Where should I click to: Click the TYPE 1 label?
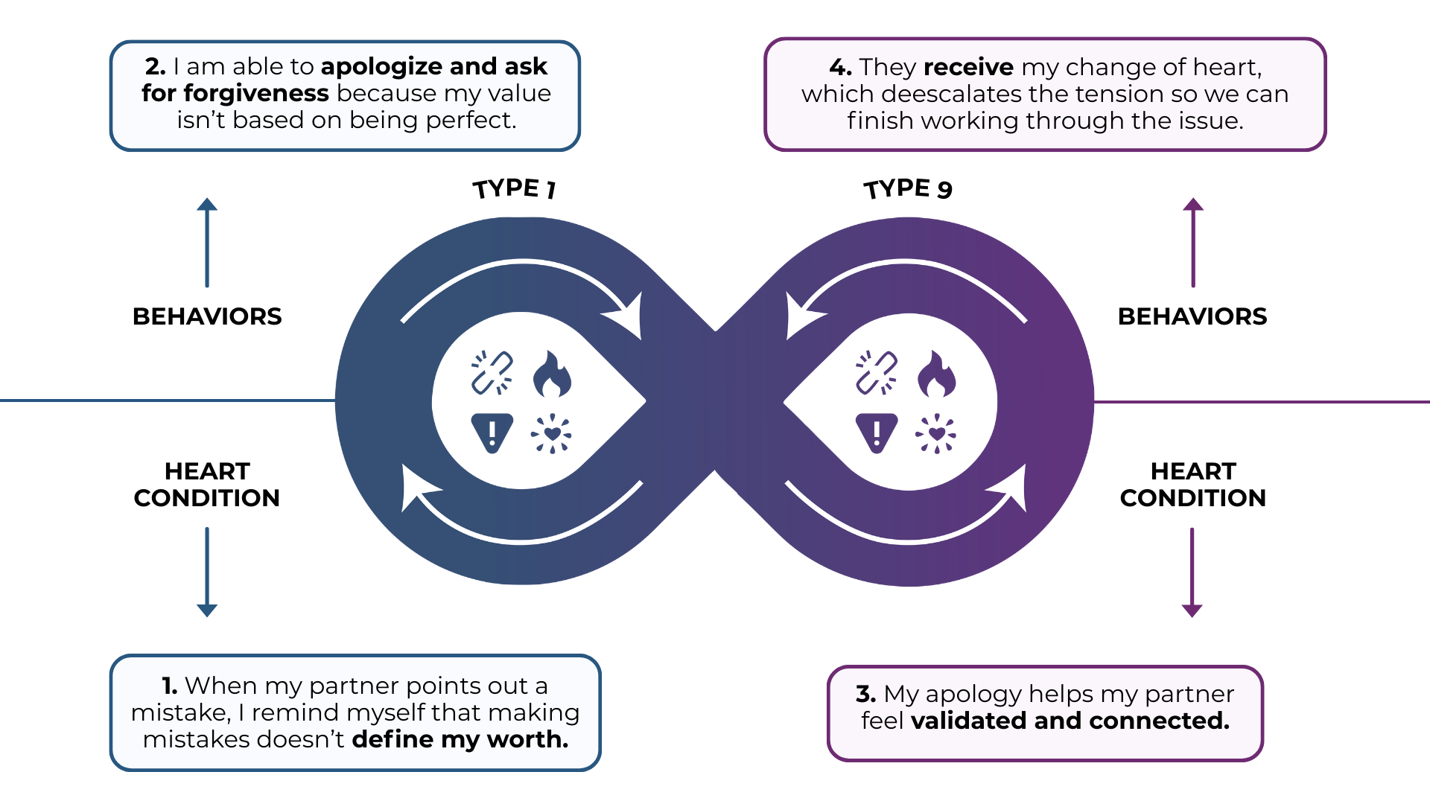514,188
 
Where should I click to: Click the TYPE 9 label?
908,188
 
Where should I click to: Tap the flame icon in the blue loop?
552,374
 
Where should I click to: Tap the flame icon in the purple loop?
936,374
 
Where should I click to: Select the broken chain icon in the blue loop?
492,372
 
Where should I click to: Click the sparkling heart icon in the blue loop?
551,433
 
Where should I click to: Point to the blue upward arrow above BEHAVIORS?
207,243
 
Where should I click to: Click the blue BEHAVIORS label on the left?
207,316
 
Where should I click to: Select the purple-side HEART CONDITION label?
1192,485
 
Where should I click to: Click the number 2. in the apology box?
156,66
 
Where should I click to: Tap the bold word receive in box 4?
968,67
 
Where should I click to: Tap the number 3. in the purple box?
865,694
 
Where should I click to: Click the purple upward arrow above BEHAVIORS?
1193,243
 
